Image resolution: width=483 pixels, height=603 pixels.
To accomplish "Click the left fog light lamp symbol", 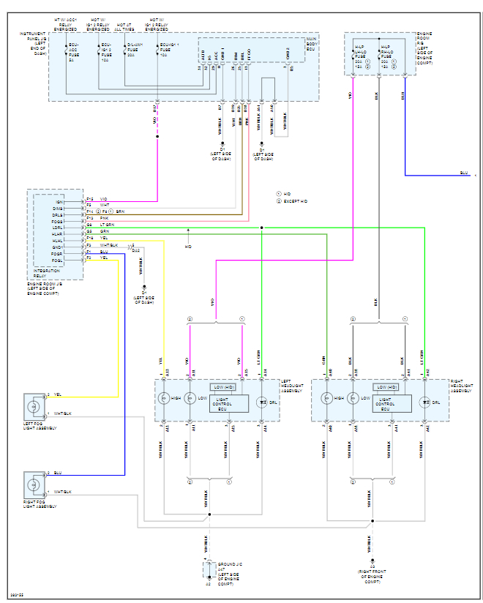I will (34, 405).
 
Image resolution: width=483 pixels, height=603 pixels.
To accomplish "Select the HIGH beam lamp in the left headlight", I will (165, 399).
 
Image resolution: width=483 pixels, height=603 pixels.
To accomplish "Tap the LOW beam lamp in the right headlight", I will (354, 399).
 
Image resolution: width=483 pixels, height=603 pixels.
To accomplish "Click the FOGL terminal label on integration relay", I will (57, 259).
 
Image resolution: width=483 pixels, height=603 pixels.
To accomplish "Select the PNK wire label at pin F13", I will (103, 218).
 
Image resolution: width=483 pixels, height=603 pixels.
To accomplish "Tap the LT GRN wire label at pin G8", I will (106, 225).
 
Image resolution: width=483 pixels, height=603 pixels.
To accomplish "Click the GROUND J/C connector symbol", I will (208, 569).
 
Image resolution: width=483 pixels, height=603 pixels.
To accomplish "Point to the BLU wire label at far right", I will (463, 173).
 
